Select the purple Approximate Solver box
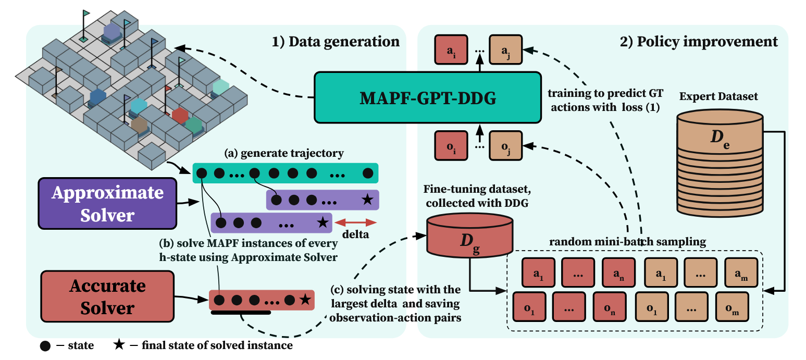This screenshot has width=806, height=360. tap(107, 203)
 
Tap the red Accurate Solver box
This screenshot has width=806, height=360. tap(107, 296)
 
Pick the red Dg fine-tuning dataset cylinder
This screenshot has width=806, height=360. tap(469, 236)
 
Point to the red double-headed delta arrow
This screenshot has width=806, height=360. tap(356, 222)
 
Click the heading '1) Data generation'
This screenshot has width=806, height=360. tap(336, 41)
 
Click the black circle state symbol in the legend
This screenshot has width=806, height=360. tap(45, 345)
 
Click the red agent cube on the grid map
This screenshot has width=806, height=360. tap(180, 115)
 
